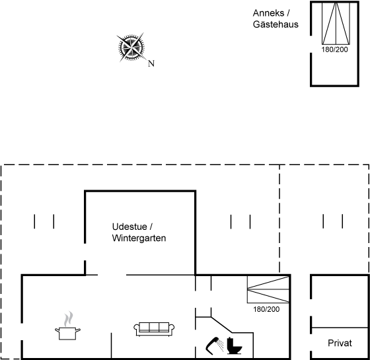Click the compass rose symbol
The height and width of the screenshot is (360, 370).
(x=131, y=47)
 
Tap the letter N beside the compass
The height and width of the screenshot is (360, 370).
(x=151, y=63)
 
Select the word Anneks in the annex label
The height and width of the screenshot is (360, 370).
(x=268, y=13)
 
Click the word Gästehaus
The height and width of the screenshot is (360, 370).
(x=276, y=24)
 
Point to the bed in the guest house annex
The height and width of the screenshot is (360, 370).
(x=336, y=23)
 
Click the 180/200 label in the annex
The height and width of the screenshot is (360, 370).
(x=334, y=50)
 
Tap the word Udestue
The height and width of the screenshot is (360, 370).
(x=129, y=227)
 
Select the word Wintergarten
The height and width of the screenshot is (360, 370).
(x=139, y=238)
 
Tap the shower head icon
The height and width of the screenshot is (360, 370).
(x=215, y=345)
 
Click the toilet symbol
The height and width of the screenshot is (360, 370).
(x=235, y=346)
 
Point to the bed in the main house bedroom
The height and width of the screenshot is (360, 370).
(x=268, y=289)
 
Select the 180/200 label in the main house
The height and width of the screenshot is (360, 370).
(x=266, y=309)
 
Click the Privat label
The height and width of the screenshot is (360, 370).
(x=340, y=343)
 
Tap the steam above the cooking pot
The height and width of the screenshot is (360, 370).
(x=69, y=319)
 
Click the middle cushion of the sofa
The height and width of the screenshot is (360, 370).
(x=154, y=327)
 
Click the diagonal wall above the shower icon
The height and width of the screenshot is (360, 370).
(x=221, y=325)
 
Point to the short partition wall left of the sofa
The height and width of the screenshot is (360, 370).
(x=111, y=345)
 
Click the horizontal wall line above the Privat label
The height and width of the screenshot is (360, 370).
(x=340, y=328)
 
